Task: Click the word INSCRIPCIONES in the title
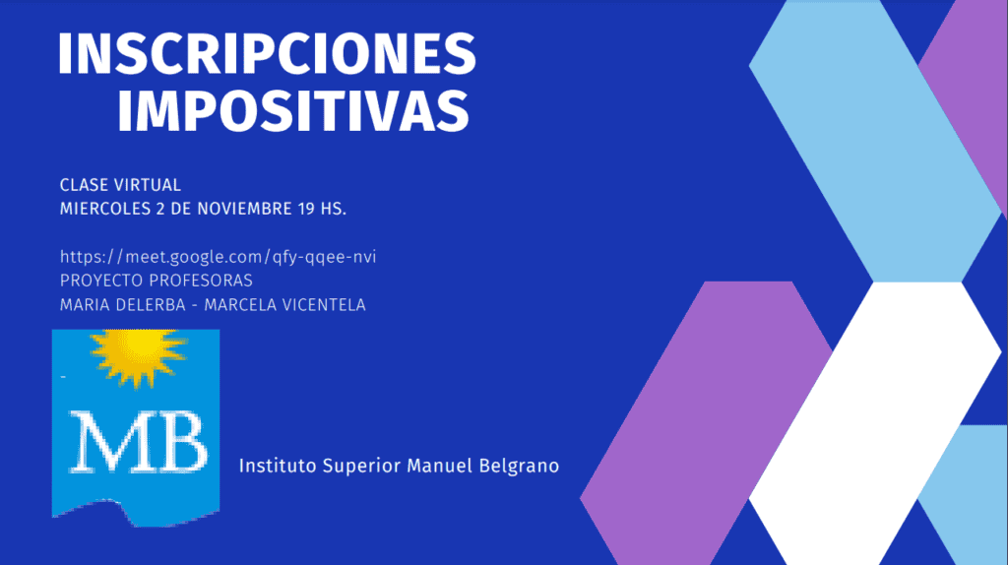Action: (x=267, y=53)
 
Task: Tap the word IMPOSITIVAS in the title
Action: (x=293, y=110)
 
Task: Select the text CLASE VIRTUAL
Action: (x=120, y=185)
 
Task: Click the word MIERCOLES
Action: (x=104, y=209)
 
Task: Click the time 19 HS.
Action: (x=322, y=209)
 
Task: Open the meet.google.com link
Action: (x=218, y=257)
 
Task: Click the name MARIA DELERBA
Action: (x=123, y=305)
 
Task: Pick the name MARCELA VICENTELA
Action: (x=284, y=305)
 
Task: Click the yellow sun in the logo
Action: (x=138, y=356)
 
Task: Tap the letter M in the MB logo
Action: (x=102, y=442)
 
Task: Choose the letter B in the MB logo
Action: (x=175, y=442)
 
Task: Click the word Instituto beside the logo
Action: (x=278, y=466)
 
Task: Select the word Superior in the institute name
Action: (x=361, y=467)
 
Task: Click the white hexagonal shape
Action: (x=875, y=423)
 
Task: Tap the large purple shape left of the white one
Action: (x=706, y=423)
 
